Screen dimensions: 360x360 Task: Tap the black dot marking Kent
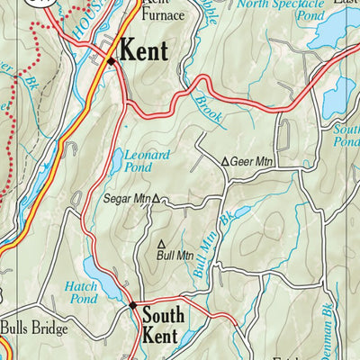coord(111,61)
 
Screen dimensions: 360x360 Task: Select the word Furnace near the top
coord(164,14)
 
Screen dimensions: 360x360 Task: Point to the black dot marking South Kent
coord(132,306)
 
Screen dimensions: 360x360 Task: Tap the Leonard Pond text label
coord(147,161)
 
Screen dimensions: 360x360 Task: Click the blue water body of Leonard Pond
coord(117,162)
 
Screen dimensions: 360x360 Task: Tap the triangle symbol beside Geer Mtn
coord(225,162)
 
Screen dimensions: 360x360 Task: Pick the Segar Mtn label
coord(126,198)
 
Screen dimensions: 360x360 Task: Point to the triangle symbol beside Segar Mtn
coord(156,199)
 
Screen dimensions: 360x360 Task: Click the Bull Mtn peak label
coord(175,255)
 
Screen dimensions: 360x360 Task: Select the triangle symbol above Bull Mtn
coord(162,243)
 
